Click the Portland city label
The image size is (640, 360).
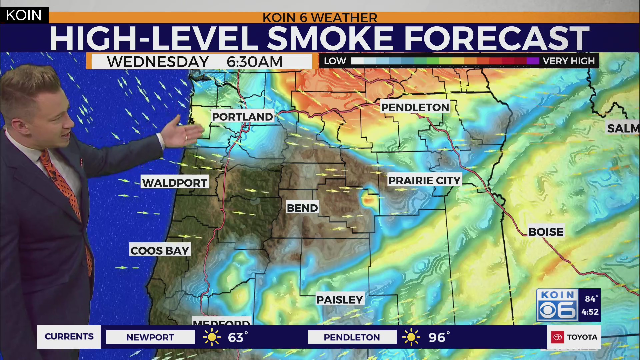tap(242, 117)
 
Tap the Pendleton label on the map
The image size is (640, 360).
tap(415, 107)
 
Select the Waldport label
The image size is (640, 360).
tap(174, 183)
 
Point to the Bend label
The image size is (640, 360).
tap(302, 208)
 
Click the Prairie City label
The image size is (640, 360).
tap(424, 180)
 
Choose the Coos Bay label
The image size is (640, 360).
tap(160, 251)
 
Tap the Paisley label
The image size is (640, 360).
tap(339, 300)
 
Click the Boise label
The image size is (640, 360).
tap(546, 232)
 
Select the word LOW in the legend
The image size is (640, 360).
tap(335, 61)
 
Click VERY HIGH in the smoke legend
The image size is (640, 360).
tap(568, 61)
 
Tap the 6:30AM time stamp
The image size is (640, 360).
tap(254, 62)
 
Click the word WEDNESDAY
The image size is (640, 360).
tap(158, 62)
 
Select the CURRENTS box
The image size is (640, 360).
tap(69, 337)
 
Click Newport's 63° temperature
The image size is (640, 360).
tap(237, 337)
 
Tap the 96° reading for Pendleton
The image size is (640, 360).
tap(438, 337)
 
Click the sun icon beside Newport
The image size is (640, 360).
tap(212, 337)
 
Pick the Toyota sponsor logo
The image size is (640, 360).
tap(574, 337)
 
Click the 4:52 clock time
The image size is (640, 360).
tap(590, 312)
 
